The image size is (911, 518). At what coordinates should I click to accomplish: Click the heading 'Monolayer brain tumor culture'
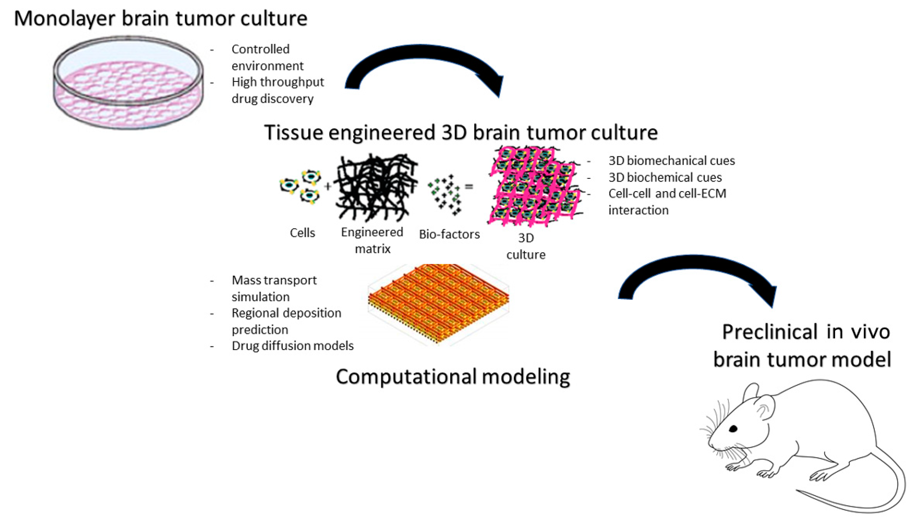click(160, 19)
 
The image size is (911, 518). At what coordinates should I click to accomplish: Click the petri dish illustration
click(128, 82)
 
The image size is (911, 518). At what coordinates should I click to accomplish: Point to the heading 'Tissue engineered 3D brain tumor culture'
click(461, 132)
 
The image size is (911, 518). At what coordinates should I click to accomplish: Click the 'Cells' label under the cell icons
click(302, 233)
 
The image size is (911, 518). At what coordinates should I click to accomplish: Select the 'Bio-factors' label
click(449, 234)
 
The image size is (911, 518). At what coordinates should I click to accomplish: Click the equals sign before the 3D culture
click(469, 186)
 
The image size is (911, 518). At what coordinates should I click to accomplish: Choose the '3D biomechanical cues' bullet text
click(671, 161)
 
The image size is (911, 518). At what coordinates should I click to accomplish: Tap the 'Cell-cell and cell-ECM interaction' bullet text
click(667, 202)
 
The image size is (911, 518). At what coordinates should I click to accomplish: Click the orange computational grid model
click(438, 302)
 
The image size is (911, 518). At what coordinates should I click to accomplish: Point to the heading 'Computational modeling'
click(453, 377)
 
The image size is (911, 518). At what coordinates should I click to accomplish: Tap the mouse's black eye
click(733, 429)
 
